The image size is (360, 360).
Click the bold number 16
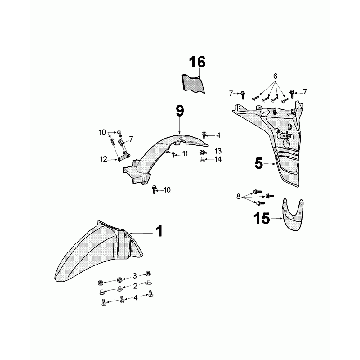click(198, 63)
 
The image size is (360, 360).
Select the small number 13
click(218, 150)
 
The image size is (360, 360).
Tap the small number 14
click(218, 159)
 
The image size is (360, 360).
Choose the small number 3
click(136, 274)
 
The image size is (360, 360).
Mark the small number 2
click(136, 286)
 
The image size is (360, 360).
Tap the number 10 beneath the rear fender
click(166, 190)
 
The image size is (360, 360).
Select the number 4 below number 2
click(136, 298)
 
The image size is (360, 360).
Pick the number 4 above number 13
click(218, 135)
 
